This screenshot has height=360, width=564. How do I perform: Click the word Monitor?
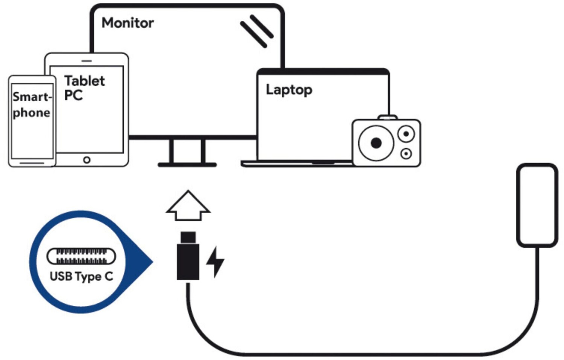(x=128, y=23)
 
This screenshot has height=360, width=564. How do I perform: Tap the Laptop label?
(x=289, y=90)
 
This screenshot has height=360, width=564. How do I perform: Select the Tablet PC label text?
(x=84, y=88)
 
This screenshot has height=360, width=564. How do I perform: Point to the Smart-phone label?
(x=32, y=105)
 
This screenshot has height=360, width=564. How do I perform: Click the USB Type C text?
(x=82, y=276)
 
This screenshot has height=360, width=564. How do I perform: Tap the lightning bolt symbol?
(x=215, y=262)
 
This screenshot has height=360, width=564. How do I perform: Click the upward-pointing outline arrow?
(x=188, y=205)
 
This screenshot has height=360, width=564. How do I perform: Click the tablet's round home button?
(x=87, y=160)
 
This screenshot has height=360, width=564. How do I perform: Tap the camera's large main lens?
(x=376, y=143)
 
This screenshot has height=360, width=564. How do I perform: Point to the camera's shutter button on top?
(x=388, y=117)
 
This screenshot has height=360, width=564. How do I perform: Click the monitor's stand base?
(x=187, y=165)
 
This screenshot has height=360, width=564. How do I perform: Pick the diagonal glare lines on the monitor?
(x=257, y=31)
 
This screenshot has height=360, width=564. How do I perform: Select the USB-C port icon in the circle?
(x=82, y=257)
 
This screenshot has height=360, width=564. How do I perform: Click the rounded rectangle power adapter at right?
(x=537, y=205)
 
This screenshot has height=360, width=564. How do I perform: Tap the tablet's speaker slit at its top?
(x=87, y=61)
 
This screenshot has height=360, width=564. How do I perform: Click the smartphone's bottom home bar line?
(x=32, y=163)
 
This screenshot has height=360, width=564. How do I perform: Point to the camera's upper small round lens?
(x=406, y=134)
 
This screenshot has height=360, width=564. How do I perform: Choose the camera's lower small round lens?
(x=406, y=154)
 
